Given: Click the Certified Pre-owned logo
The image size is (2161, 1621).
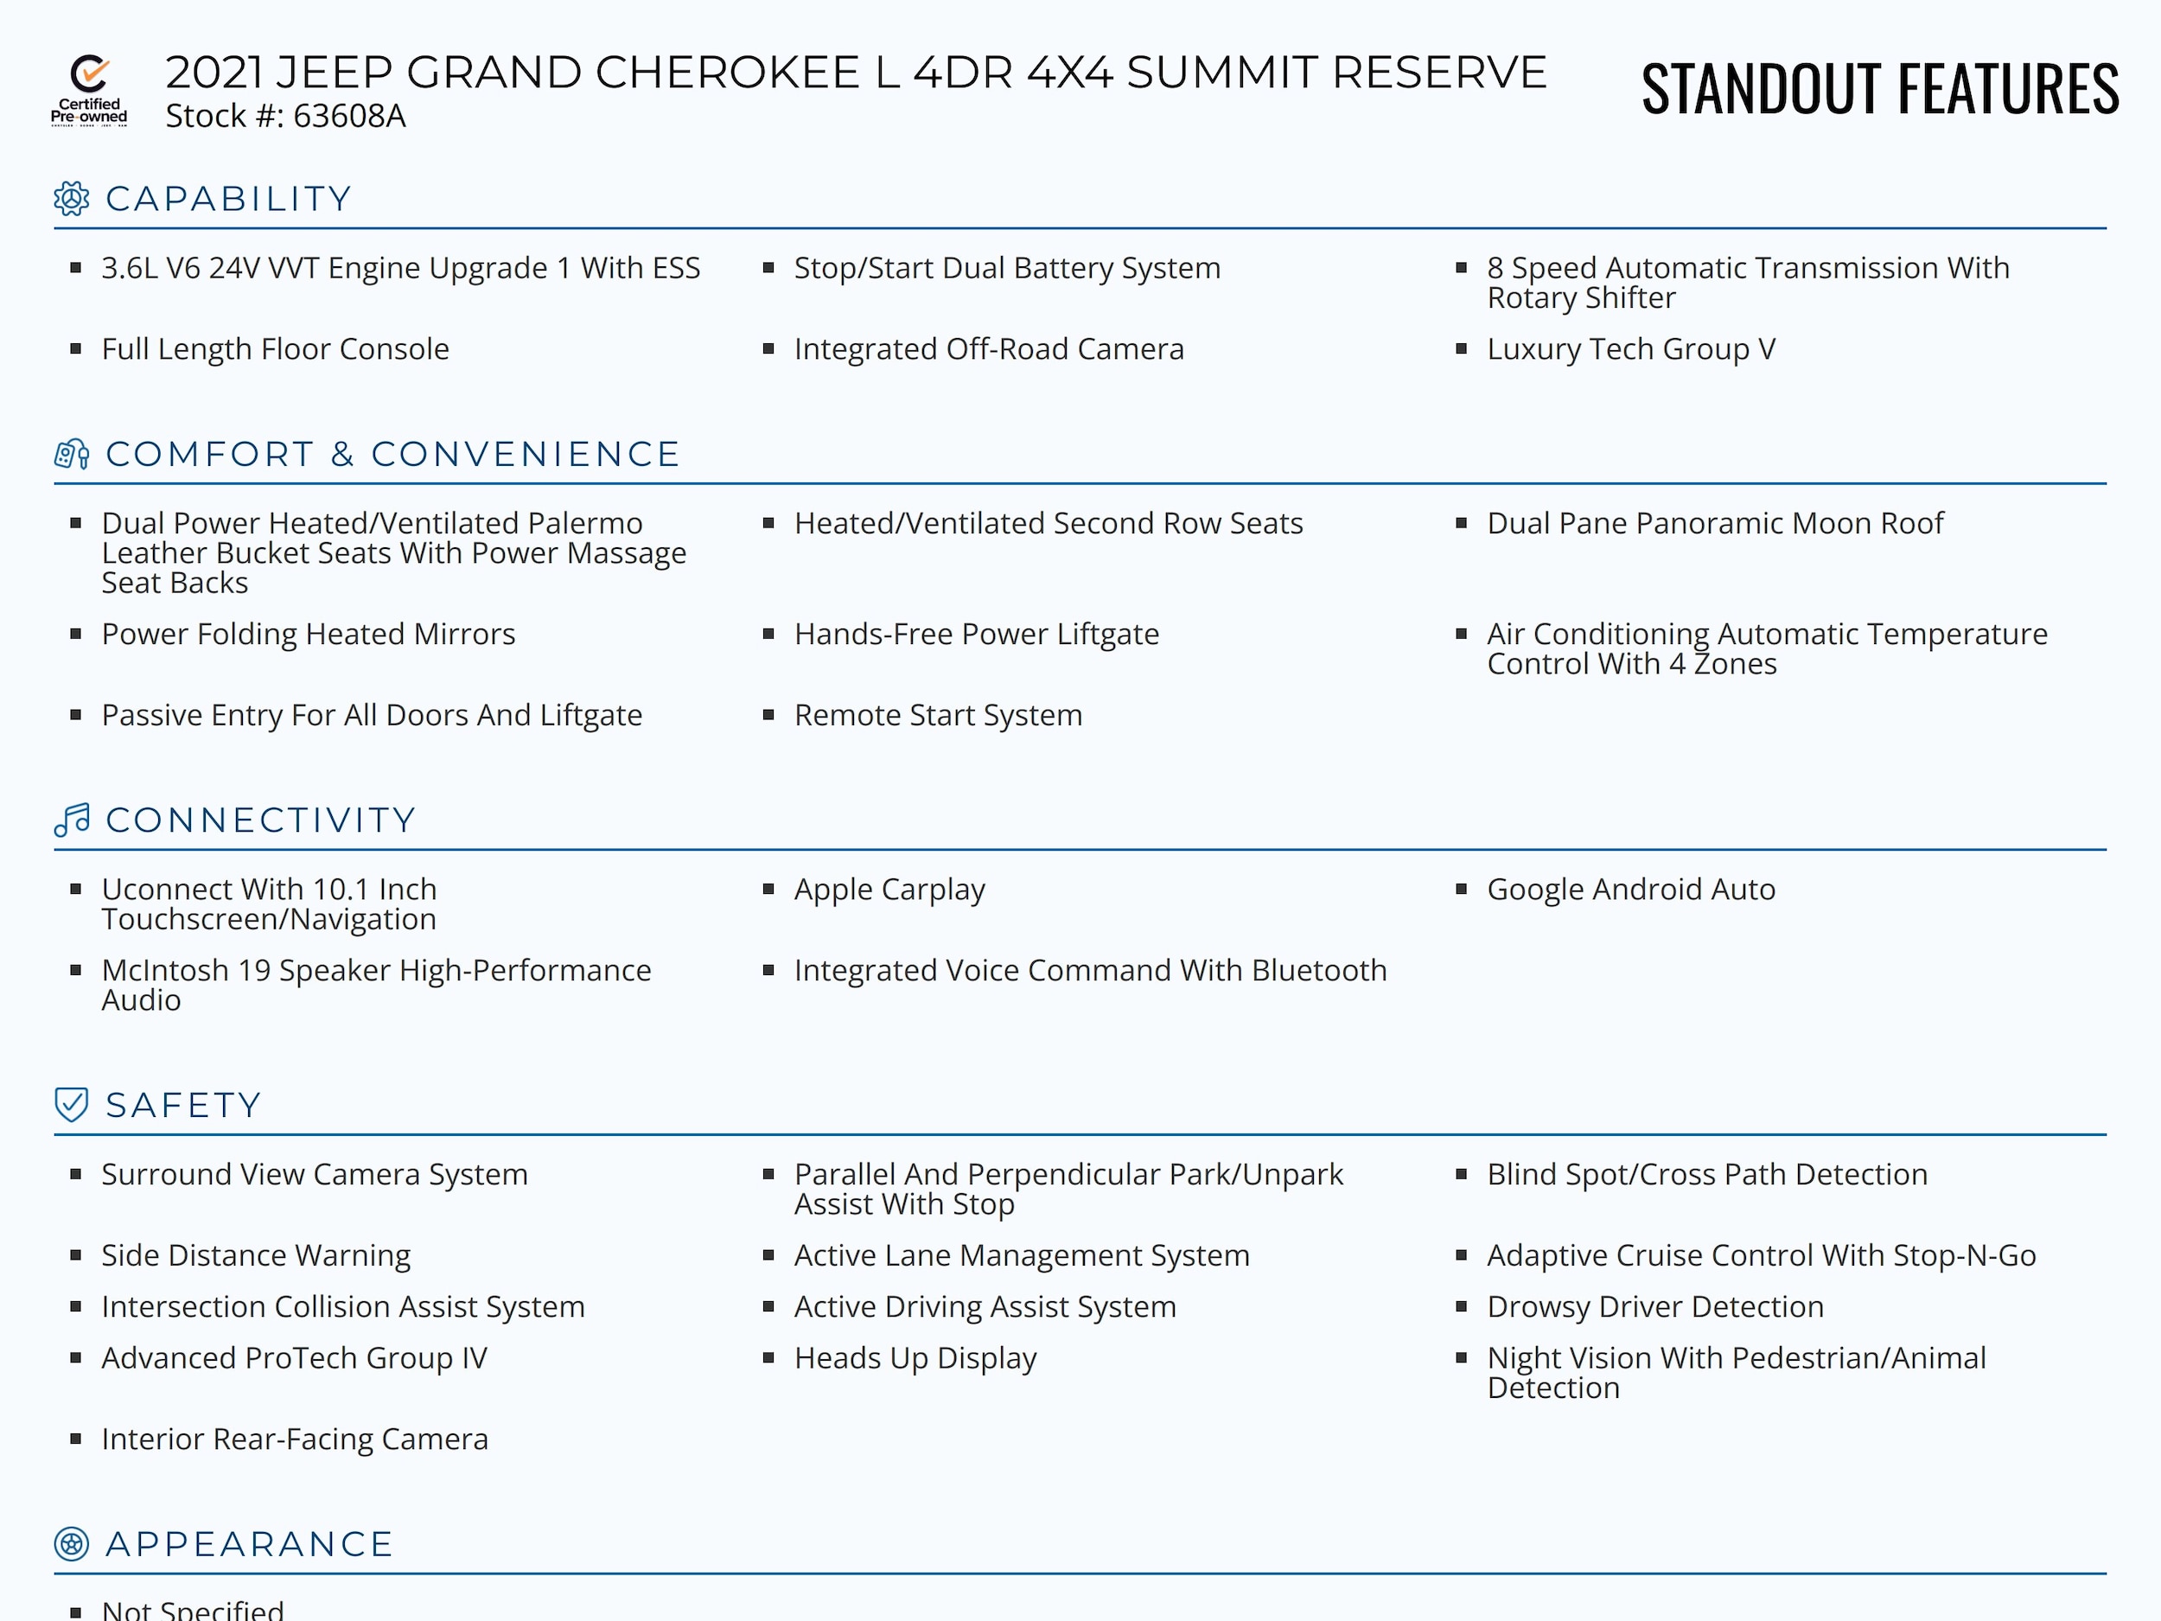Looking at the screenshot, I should click(x=89, y=91).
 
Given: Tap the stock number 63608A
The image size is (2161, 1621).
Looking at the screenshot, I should click(x=348, y=116).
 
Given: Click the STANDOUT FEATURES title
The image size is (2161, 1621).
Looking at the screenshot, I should click(x=1880, y=89).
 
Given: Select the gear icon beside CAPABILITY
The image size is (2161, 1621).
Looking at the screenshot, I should click(x=72, y=198).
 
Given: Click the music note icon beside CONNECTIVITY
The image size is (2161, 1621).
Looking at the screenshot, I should click(x=72, y=820).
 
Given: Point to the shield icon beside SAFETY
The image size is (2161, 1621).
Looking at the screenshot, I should click(x=72, y=1105).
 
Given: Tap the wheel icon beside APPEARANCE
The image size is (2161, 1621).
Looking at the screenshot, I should click(x=72, y=1544).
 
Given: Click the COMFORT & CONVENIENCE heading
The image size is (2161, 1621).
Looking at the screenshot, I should click(x=392, y=455).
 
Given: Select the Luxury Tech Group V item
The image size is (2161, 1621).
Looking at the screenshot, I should click(x=1630, y=348).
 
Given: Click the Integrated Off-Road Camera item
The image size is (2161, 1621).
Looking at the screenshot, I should click(x=989, y=348).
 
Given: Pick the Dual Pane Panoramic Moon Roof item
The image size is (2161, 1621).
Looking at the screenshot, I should click(x=1714, y=524).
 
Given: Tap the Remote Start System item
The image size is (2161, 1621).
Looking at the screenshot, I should click(x=938, y=715).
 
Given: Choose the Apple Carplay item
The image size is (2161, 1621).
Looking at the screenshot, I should click(x=889, y=889).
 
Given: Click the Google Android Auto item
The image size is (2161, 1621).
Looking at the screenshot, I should click(x=1630, y=889).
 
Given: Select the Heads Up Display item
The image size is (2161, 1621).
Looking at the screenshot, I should click(x=915, y=1358).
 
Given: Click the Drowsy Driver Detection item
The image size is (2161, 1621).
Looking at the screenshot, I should click(x=1655, y=1306).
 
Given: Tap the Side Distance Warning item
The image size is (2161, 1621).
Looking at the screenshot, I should click(x=256, y=1254).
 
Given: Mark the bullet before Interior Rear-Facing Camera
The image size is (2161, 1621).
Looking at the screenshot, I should click(x=76, y=1439).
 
